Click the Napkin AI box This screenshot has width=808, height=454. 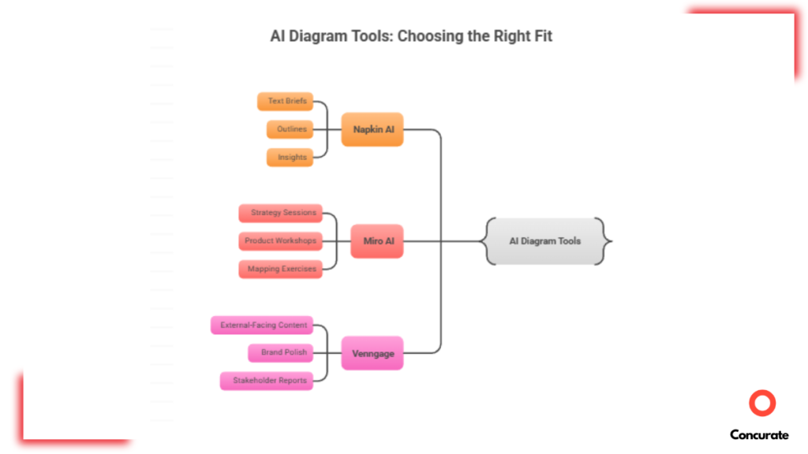(372, 129)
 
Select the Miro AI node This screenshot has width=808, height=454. (377, 241)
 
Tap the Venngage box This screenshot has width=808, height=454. (372, 354)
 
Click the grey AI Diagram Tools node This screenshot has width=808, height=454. (544, 241)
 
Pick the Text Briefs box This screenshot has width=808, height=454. (286, 102)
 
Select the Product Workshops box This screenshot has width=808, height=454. (280, 241)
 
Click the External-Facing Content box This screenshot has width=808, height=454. (262, 325)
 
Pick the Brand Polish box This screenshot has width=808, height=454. (282, 352)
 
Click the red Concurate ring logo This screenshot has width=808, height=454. (762, 404)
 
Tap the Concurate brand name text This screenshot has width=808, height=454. (759, 434)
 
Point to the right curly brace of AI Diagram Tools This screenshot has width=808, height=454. (605, 241)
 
